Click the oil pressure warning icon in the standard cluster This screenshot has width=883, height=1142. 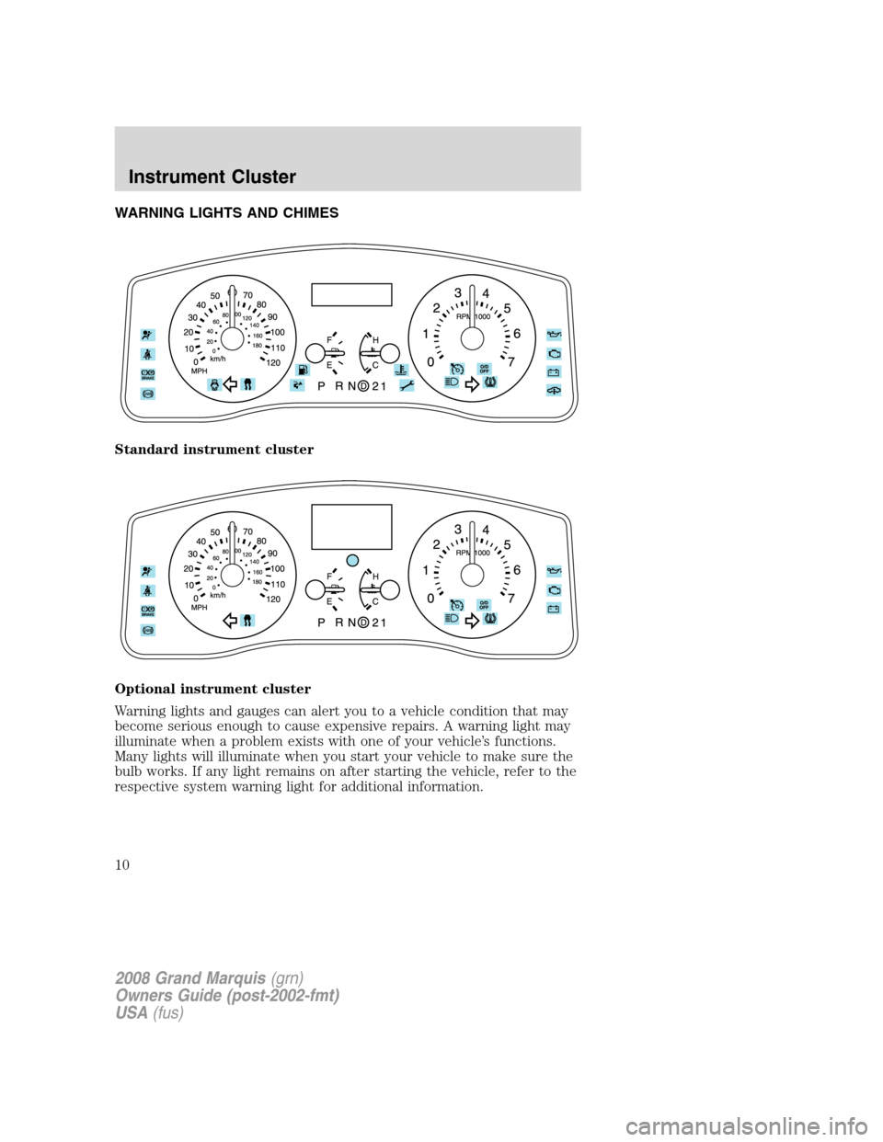553,333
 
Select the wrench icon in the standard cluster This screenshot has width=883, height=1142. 407,386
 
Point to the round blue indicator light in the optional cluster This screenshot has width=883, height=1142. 351,559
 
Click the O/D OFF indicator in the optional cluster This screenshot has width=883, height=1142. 484,604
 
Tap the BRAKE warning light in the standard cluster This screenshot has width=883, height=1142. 148,373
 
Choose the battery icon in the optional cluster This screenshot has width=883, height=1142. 553,609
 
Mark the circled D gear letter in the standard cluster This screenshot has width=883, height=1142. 363,386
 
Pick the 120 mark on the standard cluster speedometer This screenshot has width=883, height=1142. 272,362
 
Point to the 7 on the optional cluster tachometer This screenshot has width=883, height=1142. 510,600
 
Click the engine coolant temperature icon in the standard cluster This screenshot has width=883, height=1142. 401,371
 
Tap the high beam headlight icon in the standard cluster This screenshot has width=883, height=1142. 452,382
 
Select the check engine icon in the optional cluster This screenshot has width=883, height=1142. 553,589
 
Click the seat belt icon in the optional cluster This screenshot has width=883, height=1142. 148,591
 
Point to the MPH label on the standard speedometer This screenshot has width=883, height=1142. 199,371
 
